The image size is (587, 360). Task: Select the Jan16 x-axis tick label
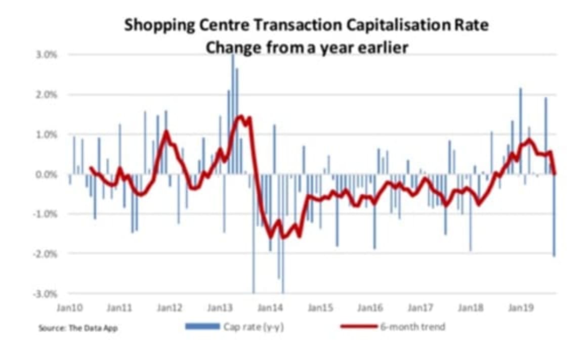point(369,307)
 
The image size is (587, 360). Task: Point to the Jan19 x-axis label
point(520,307)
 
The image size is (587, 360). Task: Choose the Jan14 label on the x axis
point(270,307)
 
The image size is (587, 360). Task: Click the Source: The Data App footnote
point(78,328)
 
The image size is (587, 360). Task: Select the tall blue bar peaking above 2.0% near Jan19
point(521,131)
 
